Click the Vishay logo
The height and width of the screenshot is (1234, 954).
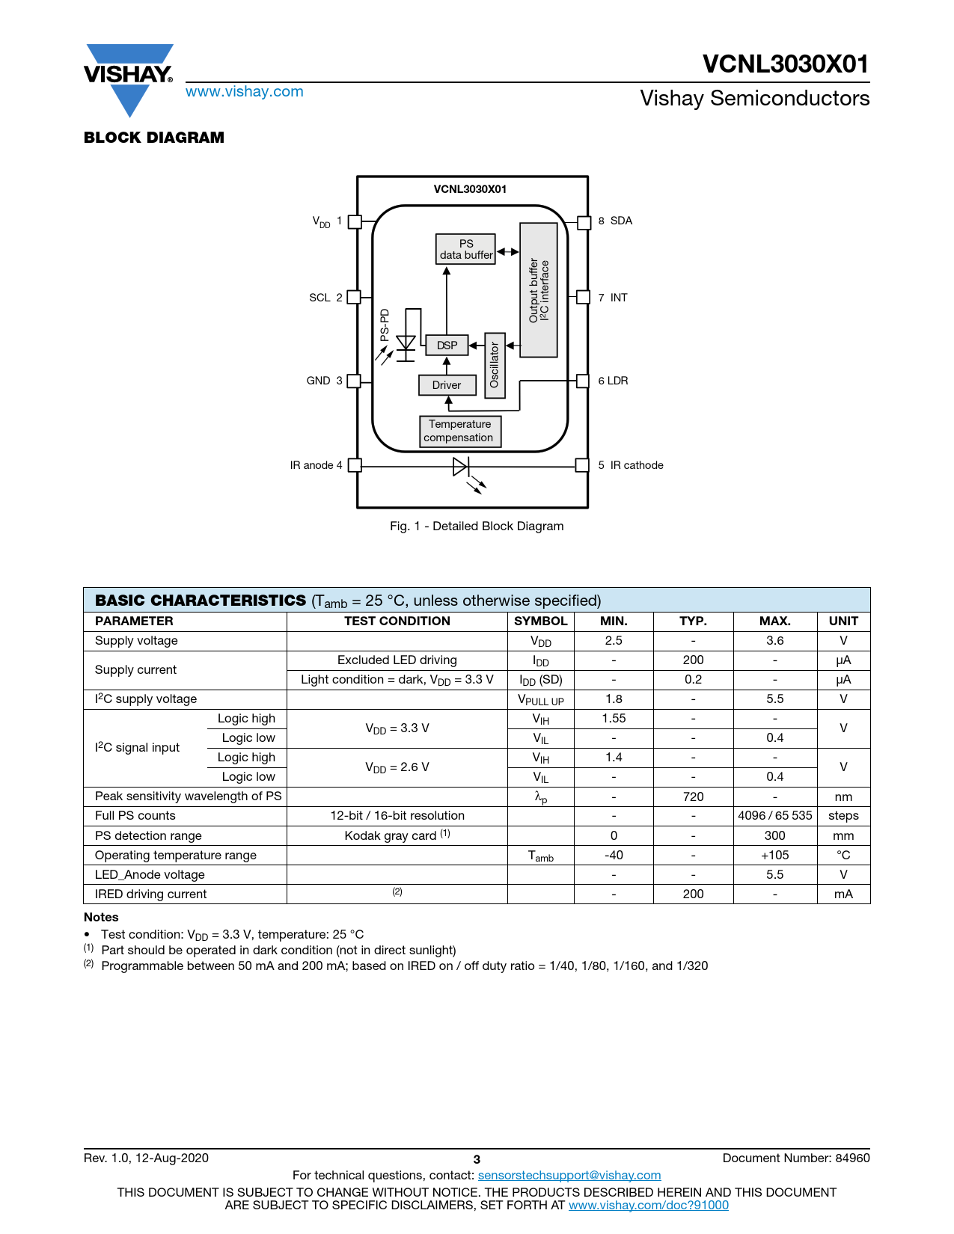[129, 79]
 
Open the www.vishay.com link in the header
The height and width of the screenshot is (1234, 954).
[244, 91]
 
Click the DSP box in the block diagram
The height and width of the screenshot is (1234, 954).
[447, 345]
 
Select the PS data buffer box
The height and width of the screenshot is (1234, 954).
[465, 249]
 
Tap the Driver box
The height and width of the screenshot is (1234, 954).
[447, 385]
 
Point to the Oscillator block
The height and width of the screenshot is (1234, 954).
[495, 365]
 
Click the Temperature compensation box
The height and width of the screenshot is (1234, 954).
[459, 431]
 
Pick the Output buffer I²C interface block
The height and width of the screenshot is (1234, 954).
[539, 290]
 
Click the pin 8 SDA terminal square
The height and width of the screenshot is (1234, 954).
[584, 222]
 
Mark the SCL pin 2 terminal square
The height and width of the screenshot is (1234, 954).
[355, 297]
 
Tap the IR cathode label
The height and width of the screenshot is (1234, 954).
[636, 465]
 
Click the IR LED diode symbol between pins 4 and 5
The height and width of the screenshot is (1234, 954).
[461, 467]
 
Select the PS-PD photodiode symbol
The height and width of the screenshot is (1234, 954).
[406, 344]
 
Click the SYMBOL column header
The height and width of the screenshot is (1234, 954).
[540, 621]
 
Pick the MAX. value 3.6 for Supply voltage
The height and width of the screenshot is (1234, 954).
[774, 640]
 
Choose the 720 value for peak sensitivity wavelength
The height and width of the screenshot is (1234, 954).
[693, 796]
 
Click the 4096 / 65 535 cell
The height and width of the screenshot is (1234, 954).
[774, 816]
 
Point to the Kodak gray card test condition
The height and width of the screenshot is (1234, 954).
[397, 835]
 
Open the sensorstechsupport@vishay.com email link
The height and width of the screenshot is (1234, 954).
[569, 1176]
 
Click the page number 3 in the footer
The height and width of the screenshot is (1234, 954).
[477, 1160]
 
